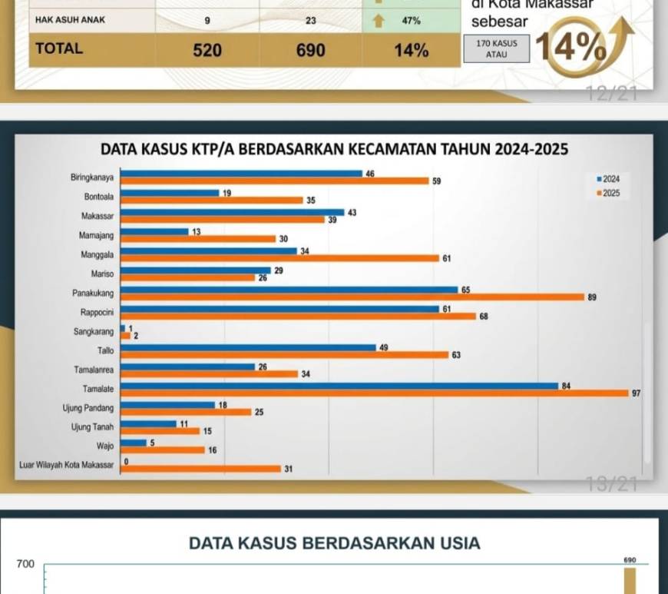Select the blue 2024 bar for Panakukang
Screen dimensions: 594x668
click(289, 289)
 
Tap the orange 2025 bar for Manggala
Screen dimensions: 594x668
click(280, 258)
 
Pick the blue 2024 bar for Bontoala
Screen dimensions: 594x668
click(170, 193)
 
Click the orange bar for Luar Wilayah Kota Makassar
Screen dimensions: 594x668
click(201, 468)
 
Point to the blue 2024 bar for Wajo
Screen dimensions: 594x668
click(134, 443)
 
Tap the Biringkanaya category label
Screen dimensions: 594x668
click(92, 178)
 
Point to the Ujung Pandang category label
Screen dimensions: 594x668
click(88, 408)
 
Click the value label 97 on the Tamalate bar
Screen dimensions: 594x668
click(636, 393)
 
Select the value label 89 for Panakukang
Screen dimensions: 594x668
click(592, 297)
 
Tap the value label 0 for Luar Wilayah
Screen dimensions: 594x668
click(126, 461)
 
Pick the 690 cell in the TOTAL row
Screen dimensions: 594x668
click(310, 51)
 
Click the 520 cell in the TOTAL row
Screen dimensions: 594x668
click(207, 51)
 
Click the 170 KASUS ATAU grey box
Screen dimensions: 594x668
click(497, 49)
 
